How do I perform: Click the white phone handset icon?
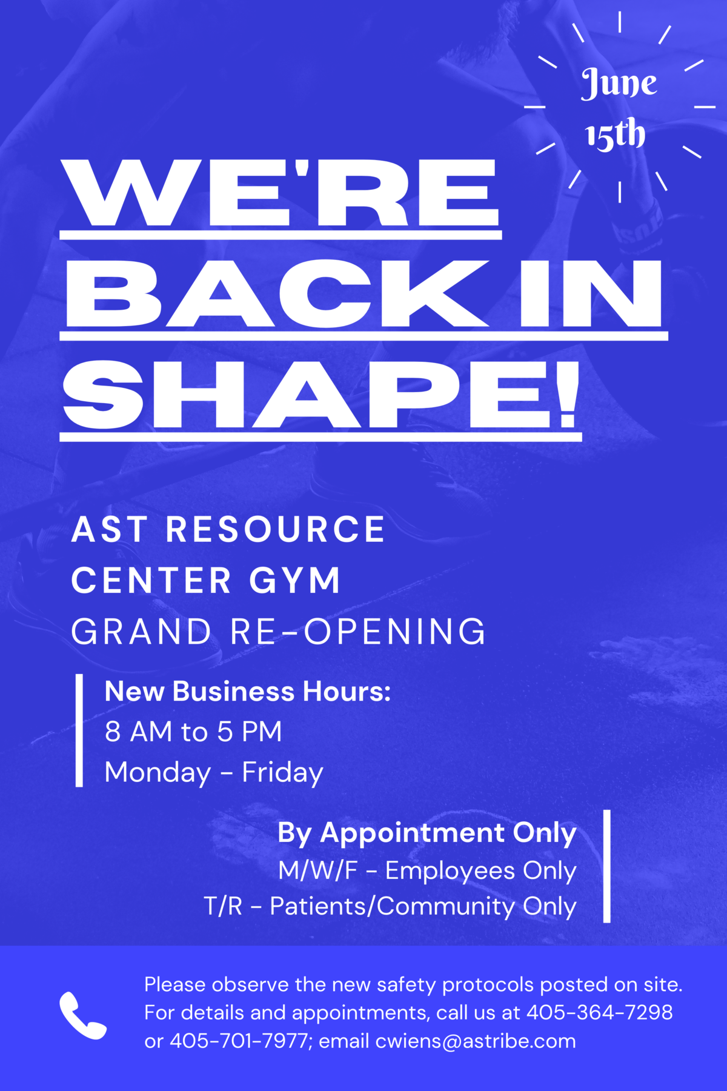tap(82, 1015)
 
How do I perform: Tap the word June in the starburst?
tap(619, 83)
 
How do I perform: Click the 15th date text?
tap(615, 134)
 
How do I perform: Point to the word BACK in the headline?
tap(278, 294)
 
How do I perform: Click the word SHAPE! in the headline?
tap(321, 395)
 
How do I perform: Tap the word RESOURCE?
tap(276, 529)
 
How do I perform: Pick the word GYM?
tap(295, 581)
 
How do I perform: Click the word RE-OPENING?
tap(358, 632)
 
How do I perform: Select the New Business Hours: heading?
tap(248, 691)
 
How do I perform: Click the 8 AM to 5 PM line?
tap(193, 732)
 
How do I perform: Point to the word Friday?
tap(282, 773)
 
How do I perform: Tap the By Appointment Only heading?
tap(427, 833)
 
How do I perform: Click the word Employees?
tap(451, 871)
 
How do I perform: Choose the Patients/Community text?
tap(393, 907)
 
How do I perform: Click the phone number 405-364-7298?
tap(599, 1012)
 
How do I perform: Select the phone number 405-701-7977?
tap(239, 1041)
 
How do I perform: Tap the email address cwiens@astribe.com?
tap(476, 1041)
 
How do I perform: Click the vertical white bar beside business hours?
tap(79, 730)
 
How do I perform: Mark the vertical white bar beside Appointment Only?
tap(607, 866)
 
